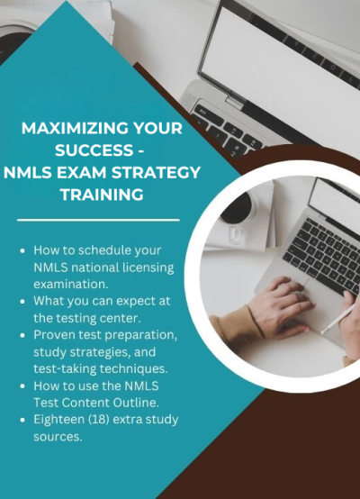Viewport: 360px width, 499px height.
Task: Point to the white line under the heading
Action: pos(99,219)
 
